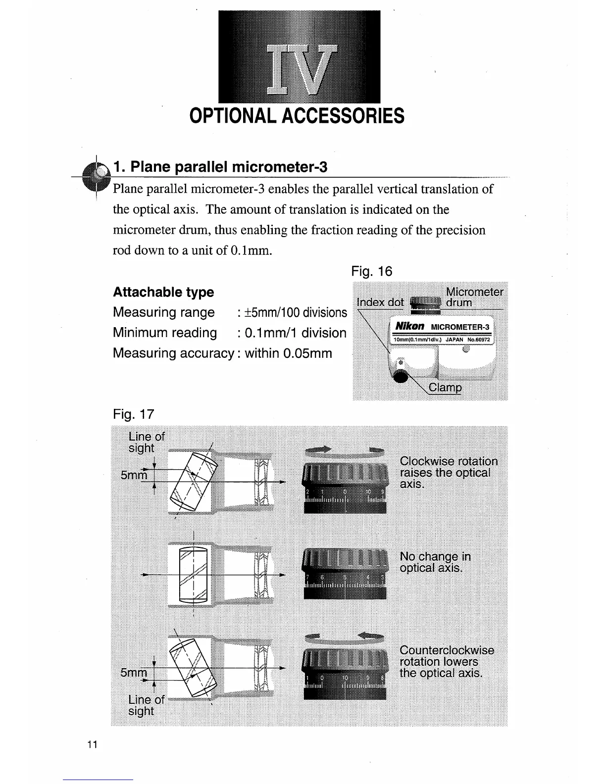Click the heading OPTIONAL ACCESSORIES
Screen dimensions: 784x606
(x=297, y=116)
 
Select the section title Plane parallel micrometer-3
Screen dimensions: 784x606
(x=220, y=167)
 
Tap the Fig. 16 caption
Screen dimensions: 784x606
(x=371, y=271)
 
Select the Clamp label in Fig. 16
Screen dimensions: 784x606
(x=445, y=388)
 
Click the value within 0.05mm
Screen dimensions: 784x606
(x=288, y=353)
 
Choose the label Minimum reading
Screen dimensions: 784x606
(x=165, y=333)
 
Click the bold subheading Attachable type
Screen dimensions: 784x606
(x=163, y=292)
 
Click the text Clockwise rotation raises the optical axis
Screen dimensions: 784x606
(x=448, y=472)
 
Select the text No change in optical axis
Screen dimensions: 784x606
(x=435, y=562)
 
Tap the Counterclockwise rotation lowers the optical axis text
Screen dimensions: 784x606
(x=447, y=661)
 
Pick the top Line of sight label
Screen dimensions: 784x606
(x=145, y=442)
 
